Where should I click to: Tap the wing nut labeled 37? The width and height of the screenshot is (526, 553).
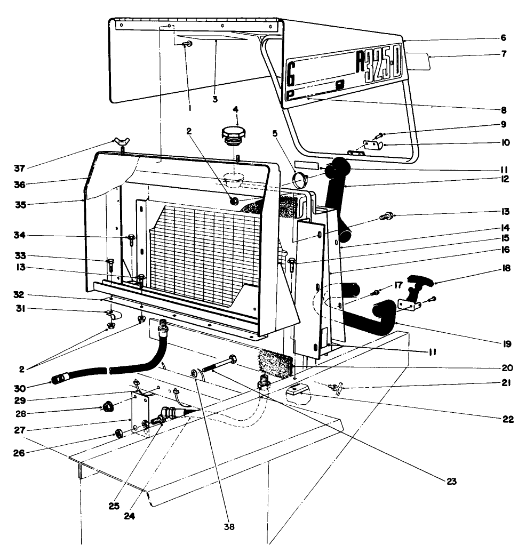(120, 142)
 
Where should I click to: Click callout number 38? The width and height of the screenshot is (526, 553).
(229, 527)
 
